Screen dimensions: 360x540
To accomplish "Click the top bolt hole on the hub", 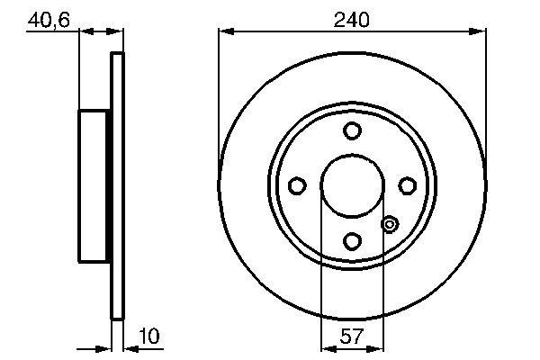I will click(352, 130).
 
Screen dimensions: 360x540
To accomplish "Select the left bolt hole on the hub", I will click(297, 185).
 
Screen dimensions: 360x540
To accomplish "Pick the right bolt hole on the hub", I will click(407, 185).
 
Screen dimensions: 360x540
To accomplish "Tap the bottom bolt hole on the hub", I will click(352, 240).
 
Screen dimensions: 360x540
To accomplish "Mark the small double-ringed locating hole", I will click(390, 224).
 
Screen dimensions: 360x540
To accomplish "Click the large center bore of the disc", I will click(352, 185).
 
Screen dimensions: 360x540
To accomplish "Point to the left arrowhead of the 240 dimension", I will click(224, 31).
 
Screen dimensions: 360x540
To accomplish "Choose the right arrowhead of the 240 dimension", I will click(481, 31).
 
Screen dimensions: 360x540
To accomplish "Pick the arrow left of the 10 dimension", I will click(104, 346).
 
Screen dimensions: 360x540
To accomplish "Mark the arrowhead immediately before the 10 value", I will click(127, 346).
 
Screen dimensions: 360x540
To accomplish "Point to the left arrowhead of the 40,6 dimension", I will click(85, 31).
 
